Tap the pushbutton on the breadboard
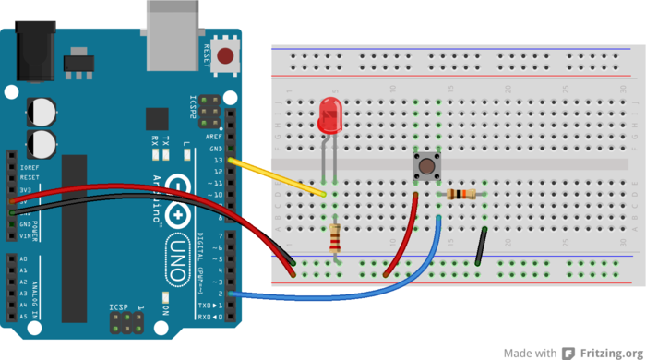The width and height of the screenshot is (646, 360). pyautogui.click(x=426, y=168)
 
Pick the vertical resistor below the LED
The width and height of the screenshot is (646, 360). pyautogui.click(x=336, y=240)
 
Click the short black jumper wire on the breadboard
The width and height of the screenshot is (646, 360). pyautogui.click(x=481, y=246)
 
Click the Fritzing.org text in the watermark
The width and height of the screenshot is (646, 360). pyautogui.click(x=610, y=352)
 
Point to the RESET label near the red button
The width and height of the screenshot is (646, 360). pyautogui.click(x=206, y=56)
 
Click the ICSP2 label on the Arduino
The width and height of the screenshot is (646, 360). pyautogui.click(x=193, y=106)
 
